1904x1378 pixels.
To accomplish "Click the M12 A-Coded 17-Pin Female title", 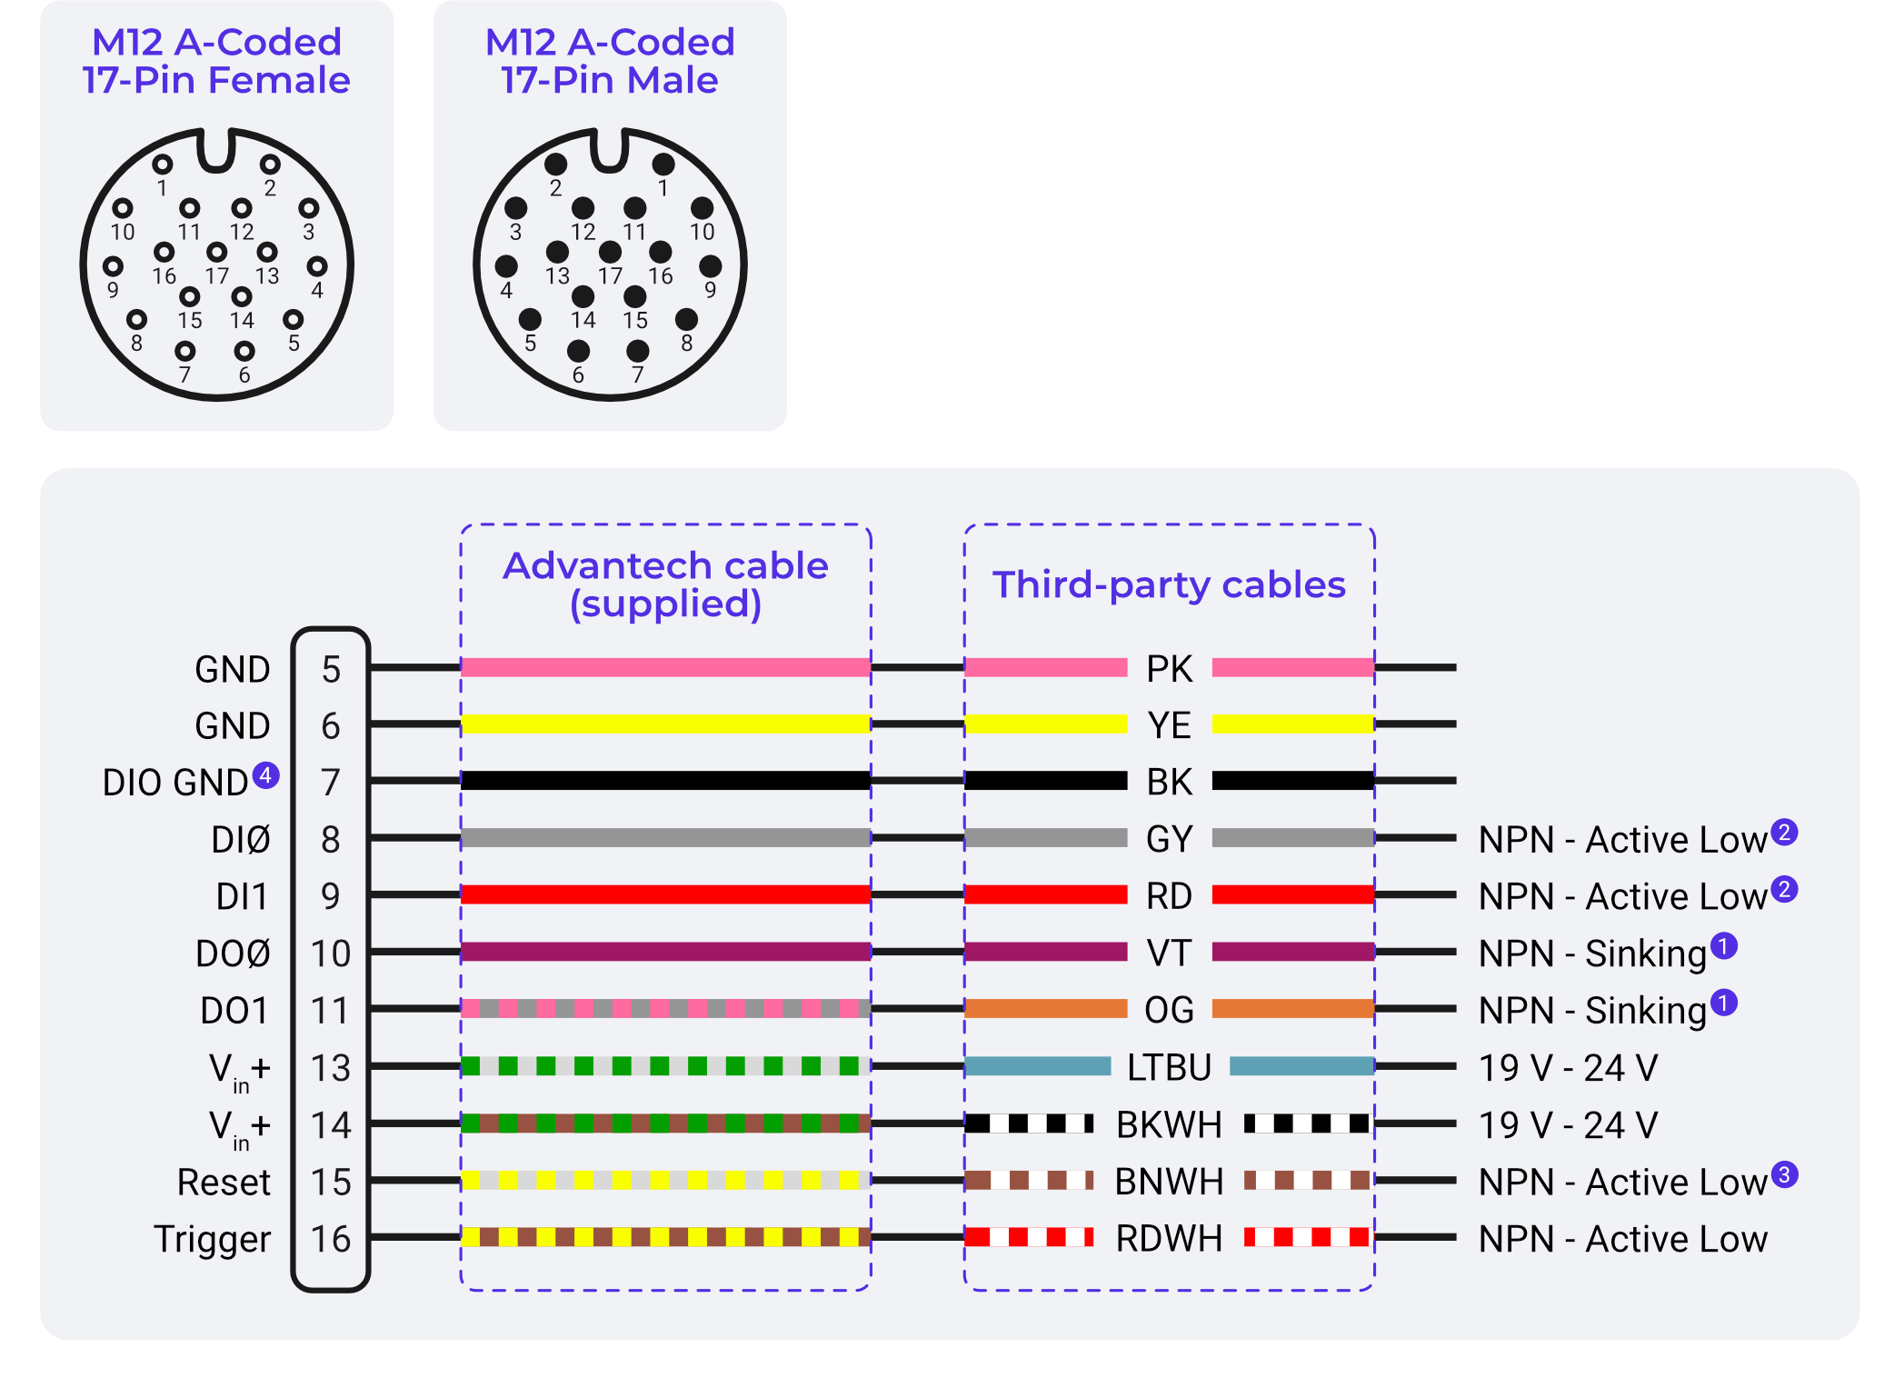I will click(x=216, y=61).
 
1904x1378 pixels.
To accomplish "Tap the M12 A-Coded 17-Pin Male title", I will click(x=609, y=61).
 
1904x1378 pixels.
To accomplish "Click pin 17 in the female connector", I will click(x=216, y=252).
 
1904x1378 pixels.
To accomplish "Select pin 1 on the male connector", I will click(x=663, y=165).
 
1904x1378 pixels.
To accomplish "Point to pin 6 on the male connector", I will click(x=578, y=351).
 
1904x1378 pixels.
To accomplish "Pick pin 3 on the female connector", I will click(x=309, y=209).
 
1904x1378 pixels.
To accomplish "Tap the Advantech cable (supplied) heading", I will click(x=665, y=584).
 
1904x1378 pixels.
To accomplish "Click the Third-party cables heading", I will click(x=1169, y=584).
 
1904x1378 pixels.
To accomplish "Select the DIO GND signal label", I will click(x=174, y=783).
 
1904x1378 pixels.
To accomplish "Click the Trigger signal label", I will click(x=212, y=1239).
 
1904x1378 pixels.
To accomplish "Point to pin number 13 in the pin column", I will click(x=331, y=1068).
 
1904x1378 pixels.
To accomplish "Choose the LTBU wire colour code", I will click(x=1169, y=1067).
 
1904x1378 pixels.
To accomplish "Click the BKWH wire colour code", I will click(x=1169, y=1124).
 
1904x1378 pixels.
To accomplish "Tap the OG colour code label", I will click(x=1169, y=1010).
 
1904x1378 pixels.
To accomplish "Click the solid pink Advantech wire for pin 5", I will click(x=665, y=667).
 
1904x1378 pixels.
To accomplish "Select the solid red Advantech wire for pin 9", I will click(x=665, y=894).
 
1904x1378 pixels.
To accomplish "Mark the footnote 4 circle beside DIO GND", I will click(x=265, y=775).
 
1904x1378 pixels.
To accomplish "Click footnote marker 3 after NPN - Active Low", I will click(x=1784, y=1174).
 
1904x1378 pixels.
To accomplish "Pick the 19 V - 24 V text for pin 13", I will click(x=1568, y=1068).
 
